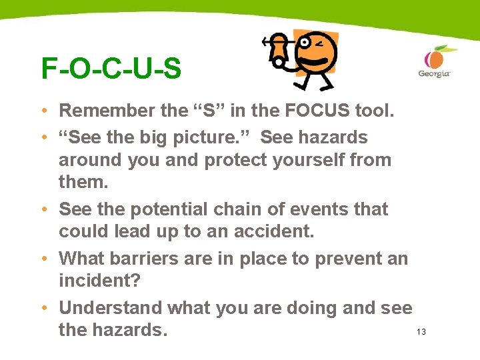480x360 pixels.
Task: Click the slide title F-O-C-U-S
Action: (x=111, y=69)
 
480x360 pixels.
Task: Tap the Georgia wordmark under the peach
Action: (x=434, y=74)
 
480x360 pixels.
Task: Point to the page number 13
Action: (x=421, y=331)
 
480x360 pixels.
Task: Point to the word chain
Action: (x=242, y=209)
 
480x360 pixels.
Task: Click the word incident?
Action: (x=99, y=281)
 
